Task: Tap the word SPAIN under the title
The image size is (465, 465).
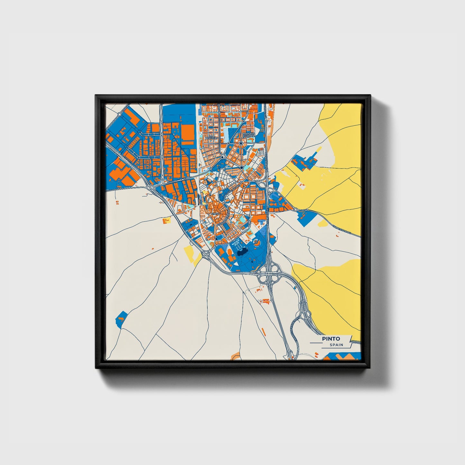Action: click(336, 345)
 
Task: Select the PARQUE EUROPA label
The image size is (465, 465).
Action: click(249, 135)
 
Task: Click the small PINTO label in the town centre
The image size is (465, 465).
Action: click(215, 213)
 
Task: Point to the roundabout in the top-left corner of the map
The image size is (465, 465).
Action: click(119, 114)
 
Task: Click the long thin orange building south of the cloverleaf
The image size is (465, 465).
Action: click(264, 331)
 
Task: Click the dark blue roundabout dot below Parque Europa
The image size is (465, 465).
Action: click(241, 143)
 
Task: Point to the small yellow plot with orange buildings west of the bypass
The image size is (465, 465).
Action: click(166, 221)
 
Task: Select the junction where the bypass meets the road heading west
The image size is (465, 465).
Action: click(150, 187)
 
